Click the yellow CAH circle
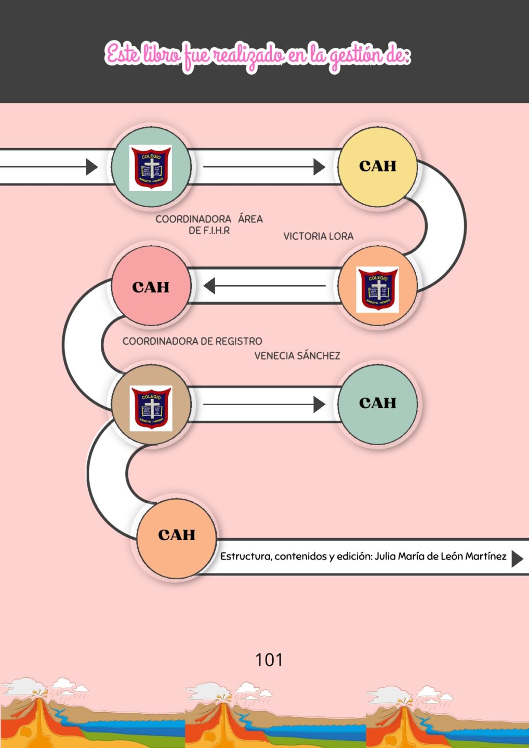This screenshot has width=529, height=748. [378, 166]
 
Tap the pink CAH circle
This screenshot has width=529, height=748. [151, 287]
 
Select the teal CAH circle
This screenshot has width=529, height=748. [378, 403]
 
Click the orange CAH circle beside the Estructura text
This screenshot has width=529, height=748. [177, 535]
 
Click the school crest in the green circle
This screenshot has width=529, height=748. [151, 167]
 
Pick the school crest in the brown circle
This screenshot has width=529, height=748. [151, 408]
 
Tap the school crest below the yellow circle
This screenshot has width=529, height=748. [378, 289]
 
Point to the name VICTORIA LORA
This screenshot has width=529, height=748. [318, 236]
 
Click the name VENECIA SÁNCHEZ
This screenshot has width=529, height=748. [297, 356]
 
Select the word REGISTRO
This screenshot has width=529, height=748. [239, 341]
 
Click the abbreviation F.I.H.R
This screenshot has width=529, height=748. [216, 231]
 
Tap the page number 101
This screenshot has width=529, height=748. [269, 660]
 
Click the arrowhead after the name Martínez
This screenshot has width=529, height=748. [517, 558]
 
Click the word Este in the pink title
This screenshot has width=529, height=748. [123, 55]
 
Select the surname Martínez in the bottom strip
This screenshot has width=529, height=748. [485, 556]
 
